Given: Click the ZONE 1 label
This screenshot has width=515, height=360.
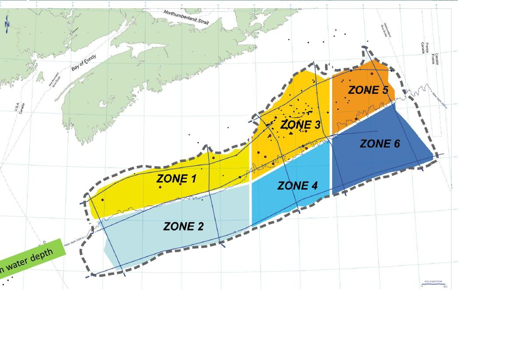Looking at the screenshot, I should click(176, 178).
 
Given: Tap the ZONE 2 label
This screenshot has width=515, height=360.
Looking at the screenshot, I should click(183, 226).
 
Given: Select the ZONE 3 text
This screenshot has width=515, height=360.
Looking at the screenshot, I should click(300, 125).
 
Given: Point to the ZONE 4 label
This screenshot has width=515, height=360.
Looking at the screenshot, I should click(298, 186).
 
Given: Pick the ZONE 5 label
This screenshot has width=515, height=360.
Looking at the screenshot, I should click(368, 91).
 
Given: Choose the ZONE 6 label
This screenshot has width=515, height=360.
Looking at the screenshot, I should click(380, 143).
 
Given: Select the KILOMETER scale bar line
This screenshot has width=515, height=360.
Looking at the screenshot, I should click(433, 284).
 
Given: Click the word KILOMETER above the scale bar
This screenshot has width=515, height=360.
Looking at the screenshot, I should click(433, 281).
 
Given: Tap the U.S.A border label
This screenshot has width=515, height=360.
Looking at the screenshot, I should click(18, 108).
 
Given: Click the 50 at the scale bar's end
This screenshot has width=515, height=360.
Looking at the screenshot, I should click(445, 287).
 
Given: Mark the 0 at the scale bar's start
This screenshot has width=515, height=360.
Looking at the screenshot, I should click(422, 287).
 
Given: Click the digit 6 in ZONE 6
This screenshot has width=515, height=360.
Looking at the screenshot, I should click(396, 143).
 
